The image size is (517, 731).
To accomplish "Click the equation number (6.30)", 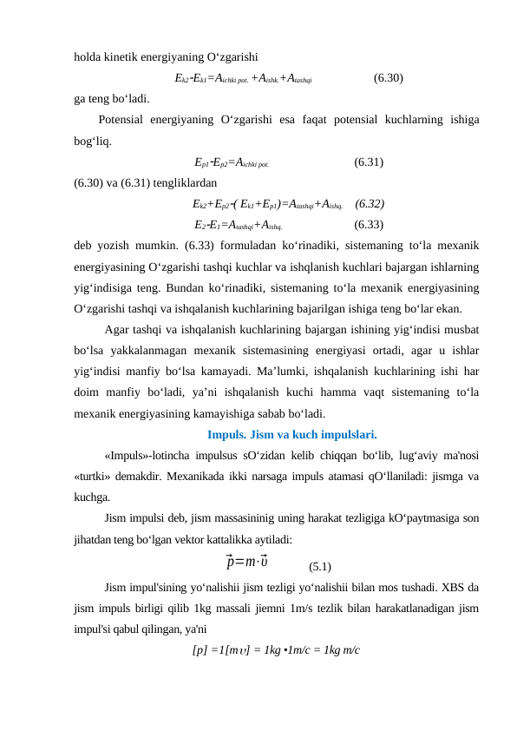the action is pos(387,77).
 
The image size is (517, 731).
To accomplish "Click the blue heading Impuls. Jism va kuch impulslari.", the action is pos(292,435).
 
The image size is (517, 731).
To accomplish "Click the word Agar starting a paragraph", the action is pos(116,330).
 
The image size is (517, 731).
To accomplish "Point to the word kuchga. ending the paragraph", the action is pos(92,497).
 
